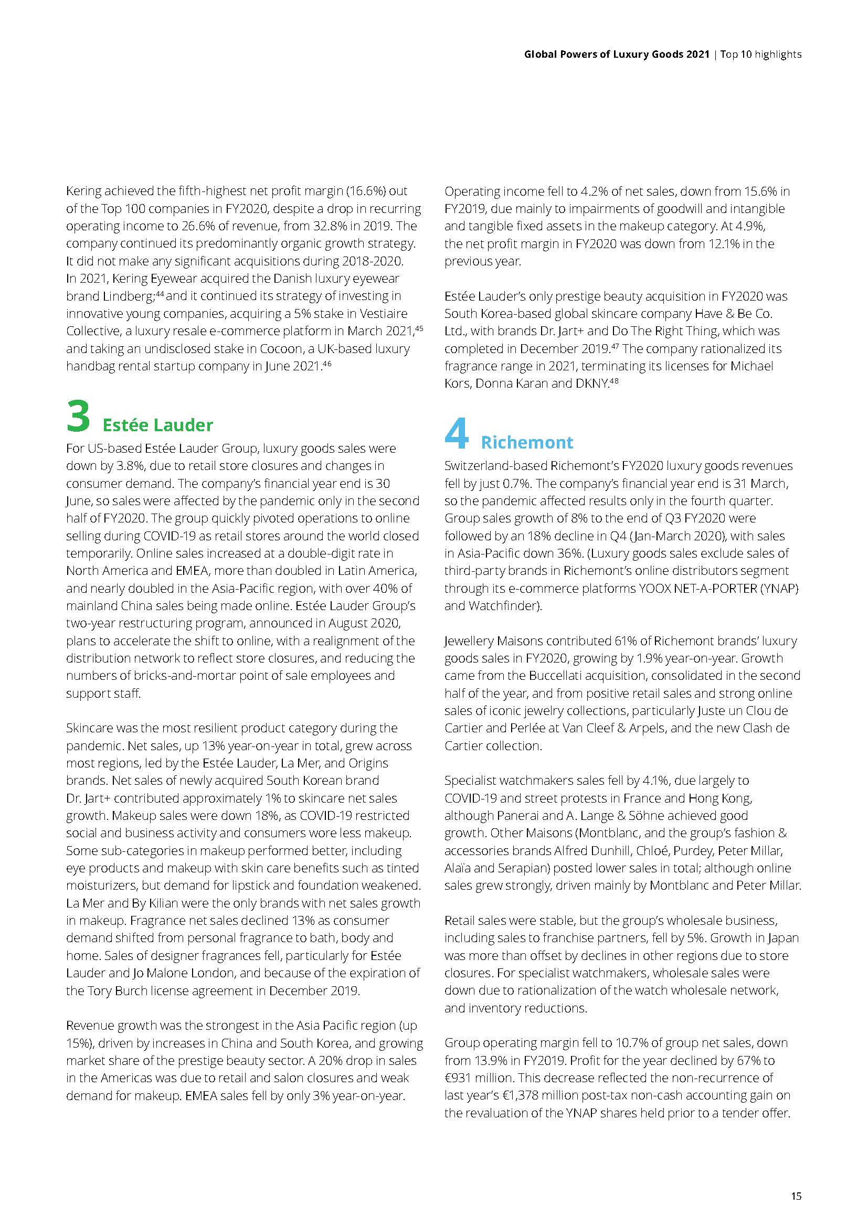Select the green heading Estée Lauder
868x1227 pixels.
[x=157, y=425]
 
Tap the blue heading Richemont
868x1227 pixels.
[x=526, y=443]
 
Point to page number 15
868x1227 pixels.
[x=796, y=1196]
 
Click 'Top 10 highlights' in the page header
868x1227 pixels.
[x=760, y=54]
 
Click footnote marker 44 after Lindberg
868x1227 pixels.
[x=160, y=293]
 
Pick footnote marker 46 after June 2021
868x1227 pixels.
[x=326, y=364]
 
